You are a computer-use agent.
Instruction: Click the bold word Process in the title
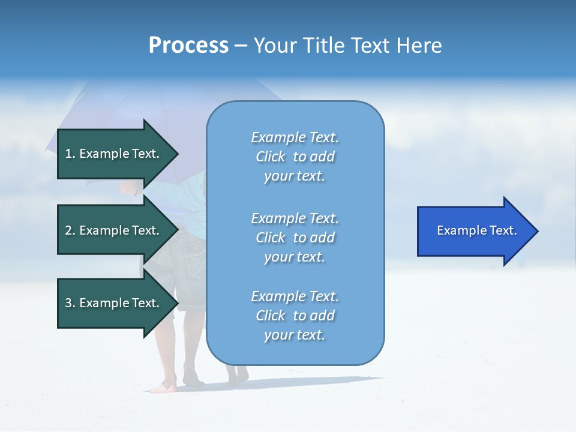coord(188,46)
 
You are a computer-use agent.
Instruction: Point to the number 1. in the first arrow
coord(70,154)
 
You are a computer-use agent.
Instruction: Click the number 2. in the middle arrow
coord(70,230)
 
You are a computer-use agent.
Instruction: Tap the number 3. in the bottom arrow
coord(70,303)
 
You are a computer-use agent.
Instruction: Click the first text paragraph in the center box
coord(295,157)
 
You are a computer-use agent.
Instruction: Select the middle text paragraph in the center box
coord(295,238)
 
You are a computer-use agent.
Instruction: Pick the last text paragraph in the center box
coord(295,316)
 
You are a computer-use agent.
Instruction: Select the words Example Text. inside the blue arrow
coord(476,231)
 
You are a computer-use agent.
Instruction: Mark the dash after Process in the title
coord(241,46)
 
